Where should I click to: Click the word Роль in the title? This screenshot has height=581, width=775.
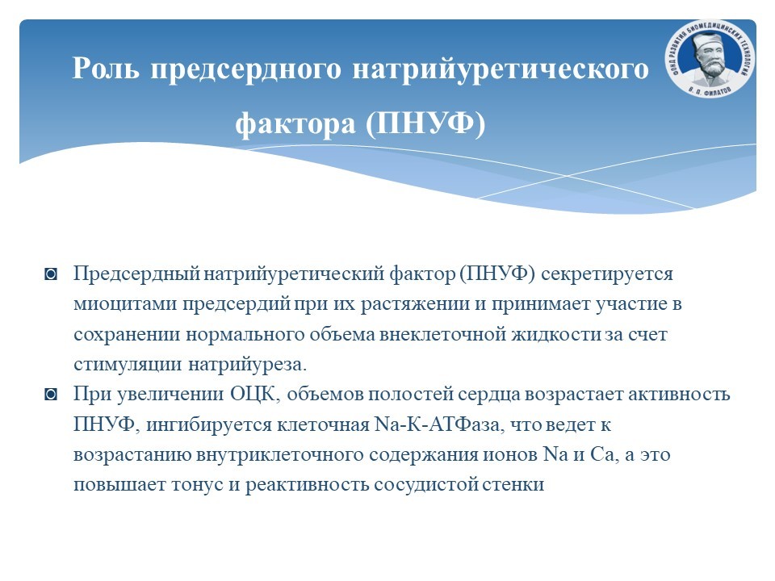106,68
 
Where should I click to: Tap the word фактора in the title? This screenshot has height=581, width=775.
295,123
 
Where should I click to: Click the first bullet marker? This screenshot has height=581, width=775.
51,274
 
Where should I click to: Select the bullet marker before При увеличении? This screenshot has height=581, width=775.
51,395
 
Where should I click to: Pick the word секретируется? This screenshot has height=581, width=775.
607,274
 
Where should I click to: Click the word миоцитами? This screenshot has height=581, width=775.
125,304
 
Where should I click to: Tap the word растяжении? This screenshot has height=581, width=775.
415,304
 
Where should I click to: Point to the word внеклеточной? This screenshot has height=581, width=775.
442,334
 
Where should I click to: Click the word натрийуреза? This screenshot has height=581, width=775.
248,365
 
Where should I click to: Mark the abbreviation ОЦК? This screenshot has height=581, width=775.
256,395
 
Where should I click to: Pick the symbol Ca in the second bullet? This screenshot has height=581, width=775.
604,455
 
